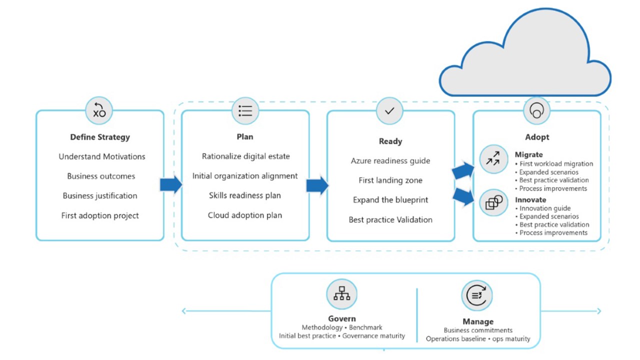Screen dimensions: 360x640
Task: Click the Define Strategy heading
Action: pos(100,137)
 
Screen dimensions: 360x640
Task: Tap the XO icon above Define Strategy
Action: pos(99,110)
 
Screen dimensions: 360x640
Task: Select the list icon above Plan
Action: pos(245,110)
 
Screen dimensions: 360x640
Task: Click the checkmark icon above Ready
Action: pos(390,110)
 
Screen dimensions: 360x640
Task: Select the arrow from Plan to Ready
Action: pos(317,185)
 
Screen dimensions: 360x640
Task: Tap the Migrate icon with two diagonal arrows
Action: pos(493,159)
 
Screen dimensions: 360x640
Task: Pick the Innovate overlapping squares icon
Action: pos(493,202)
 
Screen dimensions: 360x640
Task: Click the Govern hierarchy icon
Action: pos(342,293)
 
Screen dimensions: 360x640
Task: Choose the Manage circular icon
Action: pos(477,295)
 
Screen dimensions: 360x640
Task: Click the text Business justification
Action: pos(100,195)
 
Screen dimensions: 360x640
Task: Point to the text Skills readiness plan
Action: pos(245,195)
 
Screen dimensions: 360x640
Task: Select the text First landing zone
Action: pos(390,180)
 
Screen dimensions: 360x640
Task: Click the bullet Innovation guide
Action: pos(545,208)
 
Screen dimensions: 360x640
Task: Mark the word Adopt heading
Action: pos(537,137)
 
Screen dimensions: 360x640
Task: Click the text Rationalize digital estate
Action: pos(245,156)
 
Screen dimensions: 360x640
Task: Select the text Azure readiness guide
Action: pos(390,161)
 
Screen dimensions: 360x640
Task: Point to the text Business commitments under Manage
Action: pos(478,330)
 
